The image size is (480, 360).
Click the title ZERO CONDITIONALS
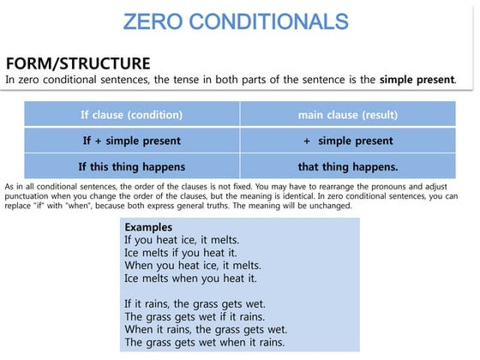[235, 21]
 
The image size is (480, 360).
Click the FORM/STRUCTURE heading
[78, 63]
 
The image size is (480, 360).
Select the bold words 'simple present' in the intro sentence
[417, 80]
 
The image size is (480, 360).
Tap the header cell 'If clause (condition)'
[131, 114]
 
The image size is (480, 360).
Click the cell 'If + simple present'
[131, 140]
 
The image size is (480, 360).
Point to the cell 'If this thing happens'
[131, 166]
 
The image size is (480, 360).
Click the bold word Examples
[148, 227]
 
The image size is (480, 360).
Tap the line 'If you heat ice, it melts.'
[182, 240]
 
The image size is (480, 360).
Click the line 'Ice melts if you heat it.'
[178, 253]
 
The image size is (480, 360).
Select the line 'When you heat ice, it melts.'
[191, 266]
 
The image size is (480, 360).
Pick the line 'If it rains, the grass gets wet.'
[195, 304]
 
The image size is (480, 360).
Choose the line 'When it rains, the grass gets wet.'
[205, 330]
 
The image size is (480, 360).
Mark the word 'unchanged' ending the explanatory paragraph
[329, 207]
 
